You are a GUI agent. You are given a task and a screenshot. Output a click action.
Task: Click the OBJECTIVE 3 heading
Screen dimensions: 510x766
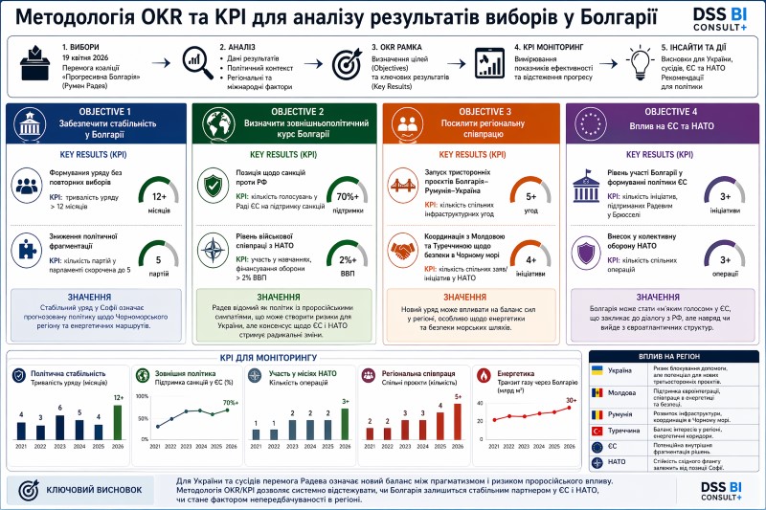pos(484,111)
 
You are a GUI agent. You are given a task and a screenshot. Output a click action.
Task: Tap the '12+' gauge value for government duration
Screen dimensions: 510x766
pos(160,196)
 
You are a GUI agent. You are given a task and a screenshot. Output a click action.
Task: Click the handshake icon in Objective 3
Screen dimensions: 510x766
pos(400,247)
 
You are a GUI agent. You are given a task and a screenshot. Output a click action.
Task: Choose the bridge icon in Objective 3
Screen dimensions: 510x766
pos(400,184)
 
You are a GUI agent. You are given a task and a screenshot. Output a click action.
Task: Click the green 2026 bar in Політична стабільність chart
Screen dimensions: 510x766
pos(119,420)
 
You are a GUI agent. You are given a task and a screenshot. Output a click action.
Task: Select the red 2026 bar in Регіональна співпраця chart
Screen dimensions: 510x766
pos(459,418)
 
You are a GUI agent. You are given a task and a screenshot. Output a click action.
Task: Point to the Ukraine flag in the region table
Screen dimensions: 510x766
pos(597,370)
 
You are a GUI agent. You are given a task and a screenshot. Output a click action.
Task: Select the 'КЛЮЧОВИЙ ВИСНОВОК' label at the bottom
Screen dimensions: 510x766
pos(88,490)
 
